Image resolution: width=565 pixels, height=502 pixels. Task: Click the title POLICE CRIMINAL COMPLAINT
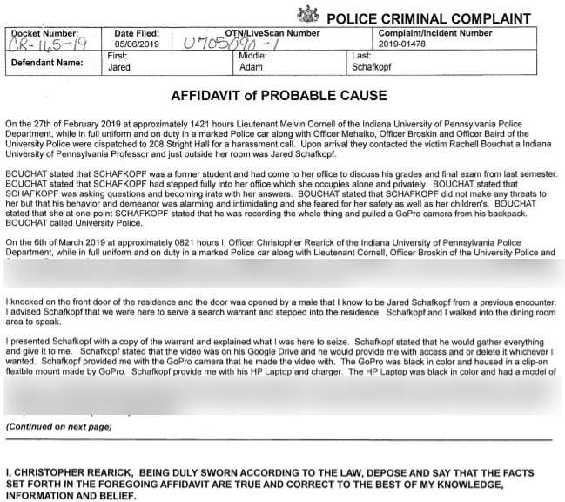click(434, 17)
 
